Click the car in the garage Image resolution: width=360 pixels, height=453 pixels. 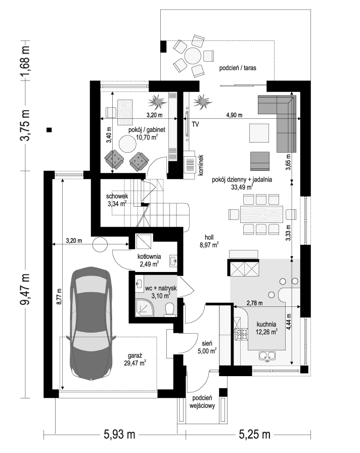[91, 323]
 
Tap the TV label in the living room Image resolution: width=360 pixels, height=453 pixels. [195, 124]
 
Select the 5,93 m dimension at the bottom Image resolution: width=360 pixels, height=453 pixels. [119, 434]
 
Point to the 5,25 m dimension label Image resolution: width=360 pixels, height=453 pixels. [254, 434]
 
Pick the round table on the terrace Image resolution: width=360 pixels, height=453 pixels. [193, 56]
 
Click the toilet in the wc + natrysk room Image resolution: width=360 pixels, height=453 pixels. [169, 308]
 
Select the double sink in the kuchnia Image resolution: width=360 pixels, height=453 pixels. [267, 355]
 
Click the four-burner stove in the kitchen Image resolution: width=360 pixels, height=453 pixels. [242, 334]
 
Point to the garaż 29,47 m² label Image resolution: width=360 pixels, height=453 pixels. [135, 359]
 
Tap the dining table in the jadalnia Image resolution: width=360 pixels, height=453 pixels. [262, 214]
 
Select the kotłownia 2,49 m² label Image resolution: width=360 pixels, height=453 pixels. [149, 260]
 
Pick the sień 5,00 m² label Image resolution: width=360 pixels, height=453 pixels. [207, 347]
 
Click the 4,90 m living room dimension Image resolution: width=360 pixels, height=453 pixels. [234, 115]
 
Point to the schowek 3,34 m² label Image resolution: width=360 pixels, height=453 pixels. [117, 200]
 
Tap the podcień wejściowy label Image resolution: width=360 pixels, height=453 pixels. [202, 401]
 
